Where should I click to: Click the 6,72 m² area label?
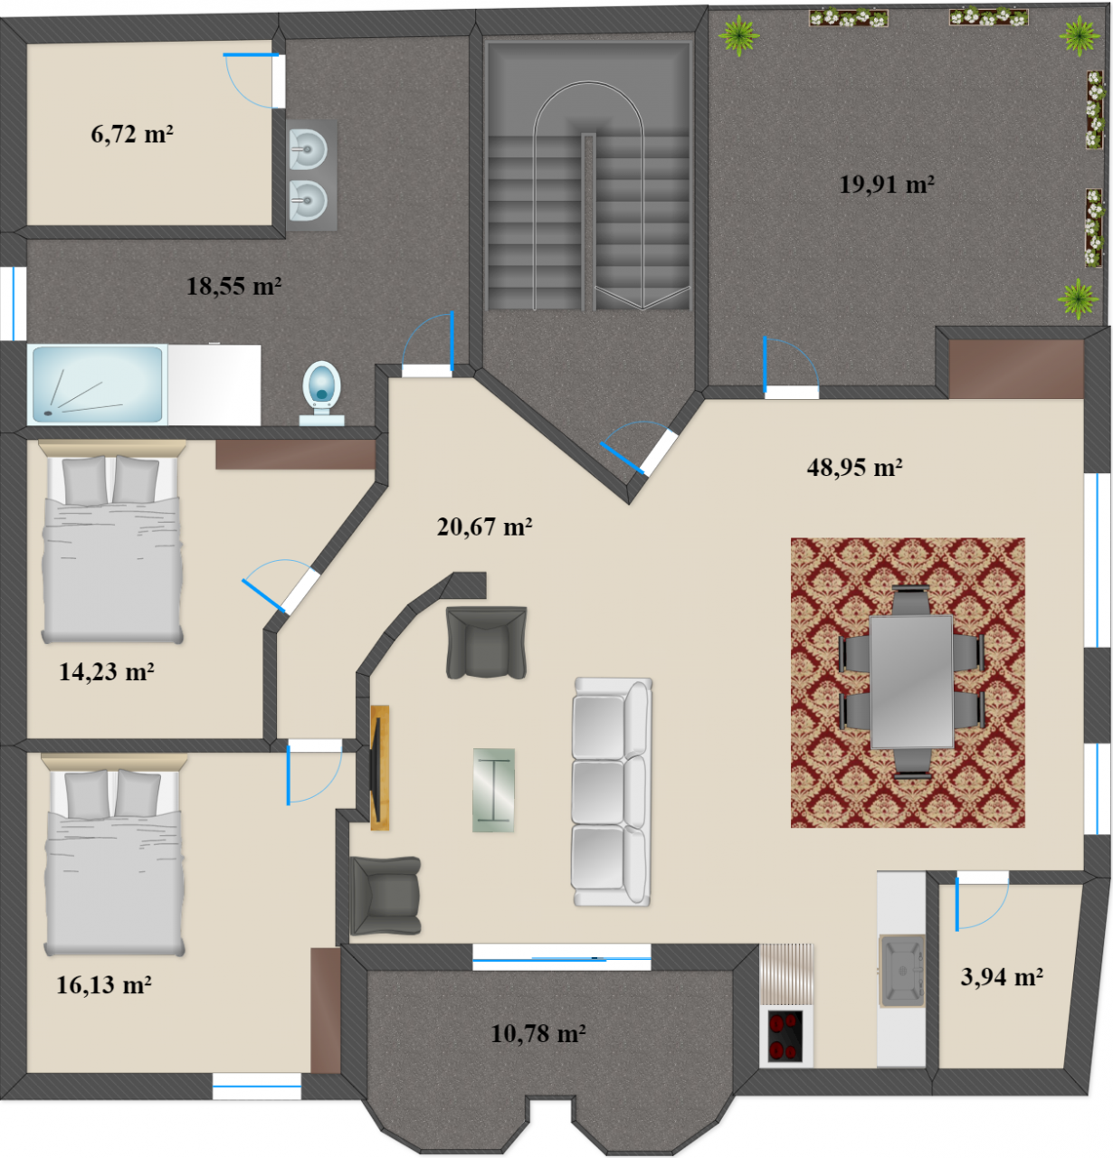tap(132, 133)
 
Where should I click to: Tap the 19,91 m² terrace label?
tap(886, 184)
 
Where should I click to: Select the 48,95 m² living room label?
tap(854, 467)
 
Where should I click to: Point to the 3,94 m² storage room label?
tap(1002, 976)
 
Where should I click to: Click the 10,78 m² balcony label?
tap(538, 1033)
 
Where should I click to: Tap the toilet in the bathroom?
tap(321, 393)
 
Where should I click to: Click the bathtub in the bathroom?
tap(98, 384)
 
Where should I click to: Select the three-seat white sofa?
tap(612, 792)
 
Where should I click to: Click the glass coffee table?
tap(493, 790)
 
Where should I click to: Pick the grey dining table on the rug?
tap(911, 682)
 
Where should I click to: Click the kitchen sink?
tap(901, 971)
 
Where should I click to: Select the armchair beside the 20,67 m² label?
tap(486, 642)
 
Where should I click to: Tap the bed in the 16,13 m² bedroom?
tap(113, 855)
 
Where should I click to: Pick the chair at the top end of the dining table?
tap(910, 601)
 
